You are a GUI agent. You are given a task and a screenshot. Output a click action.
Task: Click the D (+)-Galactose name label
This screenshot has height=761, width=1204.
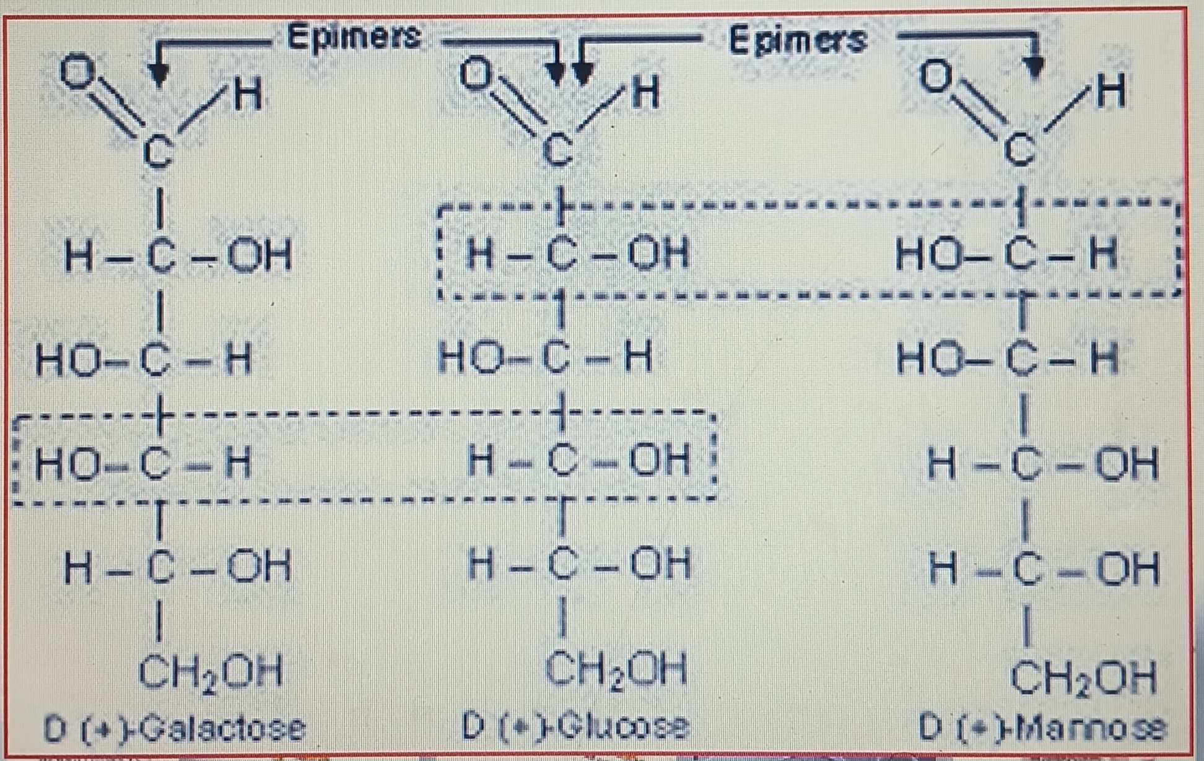point(175,729)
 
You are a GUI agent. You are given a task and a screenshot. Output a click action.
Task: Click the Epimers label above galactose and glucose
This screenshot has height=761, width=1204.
point(354,37)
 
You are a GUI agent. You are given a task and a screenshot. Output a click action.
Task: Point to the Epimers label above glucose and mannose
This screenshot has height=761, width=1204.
point(797,40)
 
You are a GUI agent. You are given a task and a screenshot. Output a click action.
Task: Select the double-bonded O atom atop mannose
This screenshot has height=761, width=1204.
point(936,76)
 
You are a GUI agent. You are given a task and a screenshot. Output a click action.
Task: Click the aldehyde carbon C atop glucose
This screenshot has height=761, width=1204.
point(558,150)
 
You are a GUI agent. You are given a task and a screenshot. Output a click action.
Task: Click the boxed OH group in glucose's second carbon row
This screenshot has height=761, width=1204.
point(658,254)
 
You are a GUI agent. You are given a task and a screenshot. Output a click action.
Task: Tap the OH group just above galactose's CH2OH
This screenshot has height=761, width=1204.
point(259,567)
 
